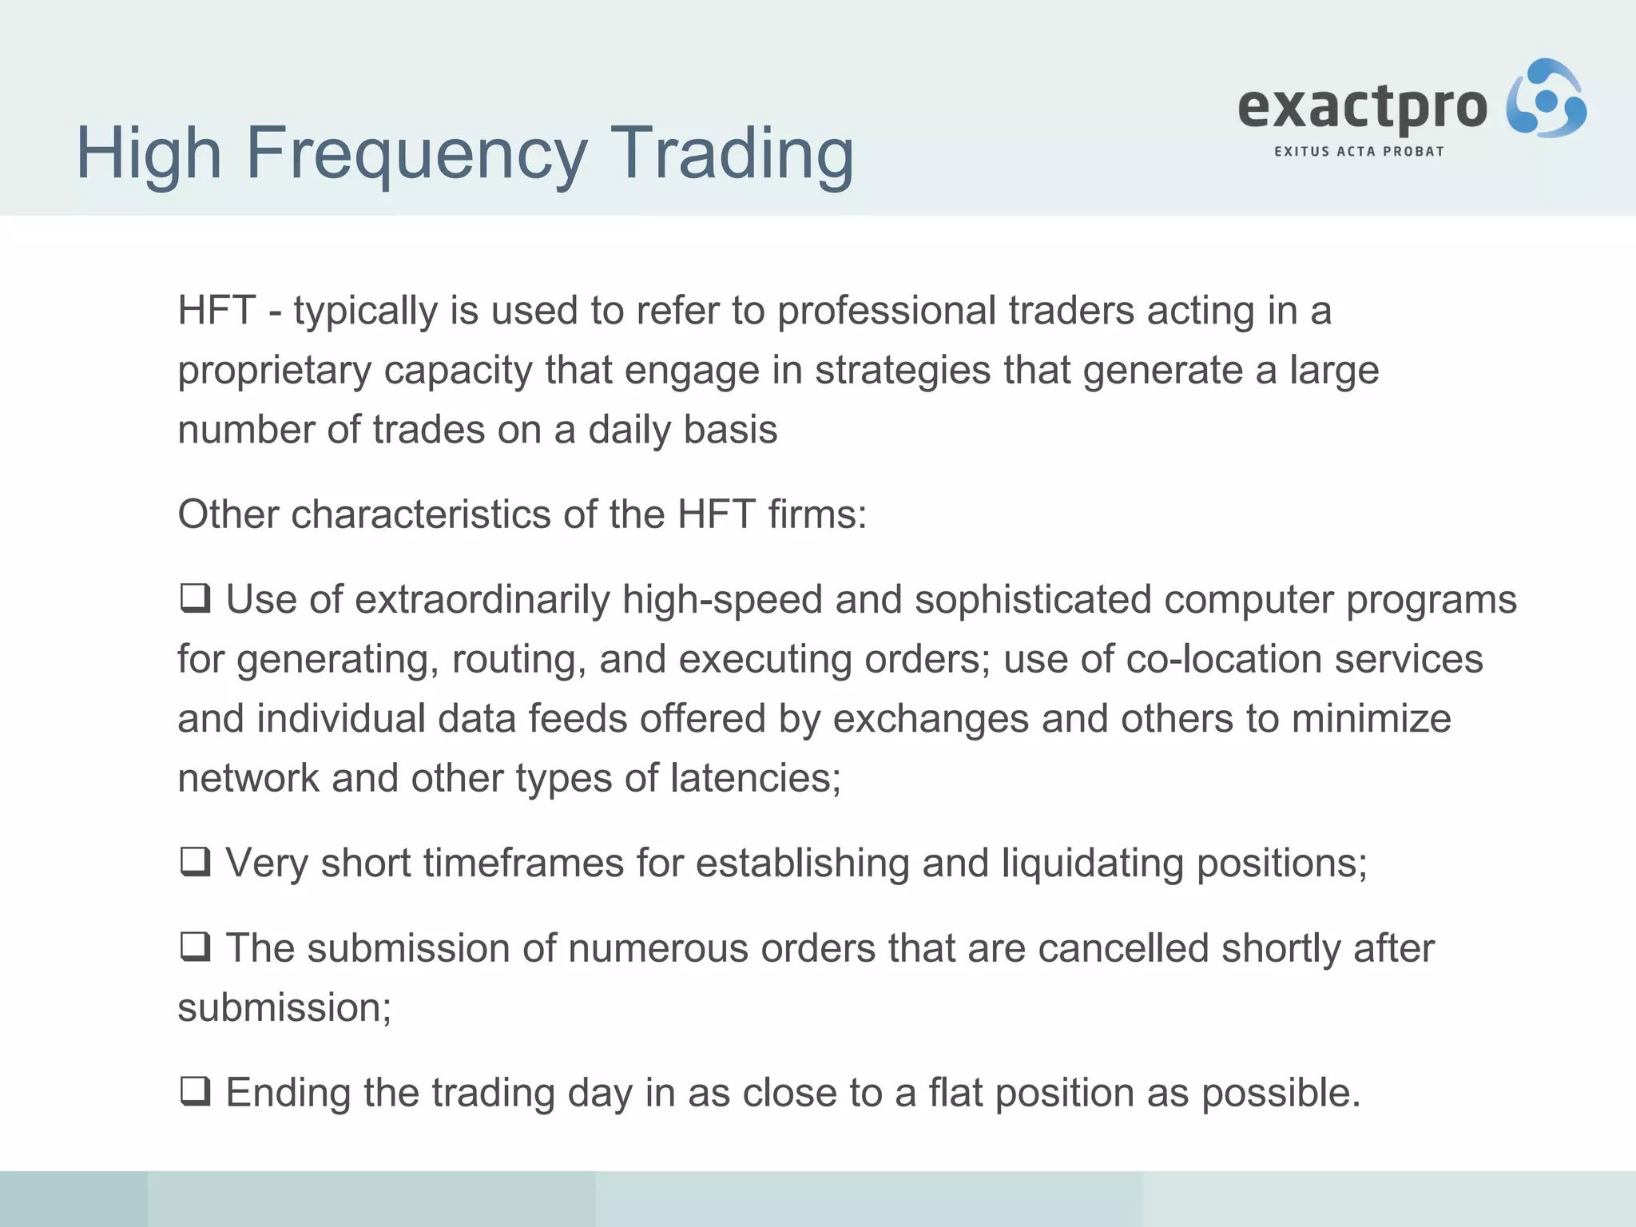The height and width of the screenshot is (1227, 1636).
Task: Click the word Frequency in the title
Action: click(415, 153)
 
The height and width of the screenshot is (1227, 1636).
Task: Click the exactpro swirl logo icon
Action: click(1546, 99)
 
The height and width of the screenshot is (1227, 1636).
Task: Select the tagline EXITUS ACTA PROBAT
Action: click(1359, 151)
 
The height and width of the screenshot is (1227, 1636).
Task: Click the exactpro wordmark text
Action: click(1362, 107)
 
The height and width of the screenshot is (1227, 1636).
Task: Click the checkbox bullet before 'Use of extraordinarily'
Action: click(194, 598)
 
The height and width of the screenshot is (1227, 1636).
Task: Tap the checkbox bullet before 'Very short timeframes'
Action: click(194, 862)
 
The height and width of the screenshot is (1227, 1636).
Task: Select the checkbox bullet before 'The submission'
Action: click(194, 947)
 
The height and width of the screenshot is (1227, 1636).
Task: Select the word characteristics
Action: click(420, 514)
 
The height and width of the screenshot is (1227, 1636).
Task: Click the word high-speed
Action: click(722, 600)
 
